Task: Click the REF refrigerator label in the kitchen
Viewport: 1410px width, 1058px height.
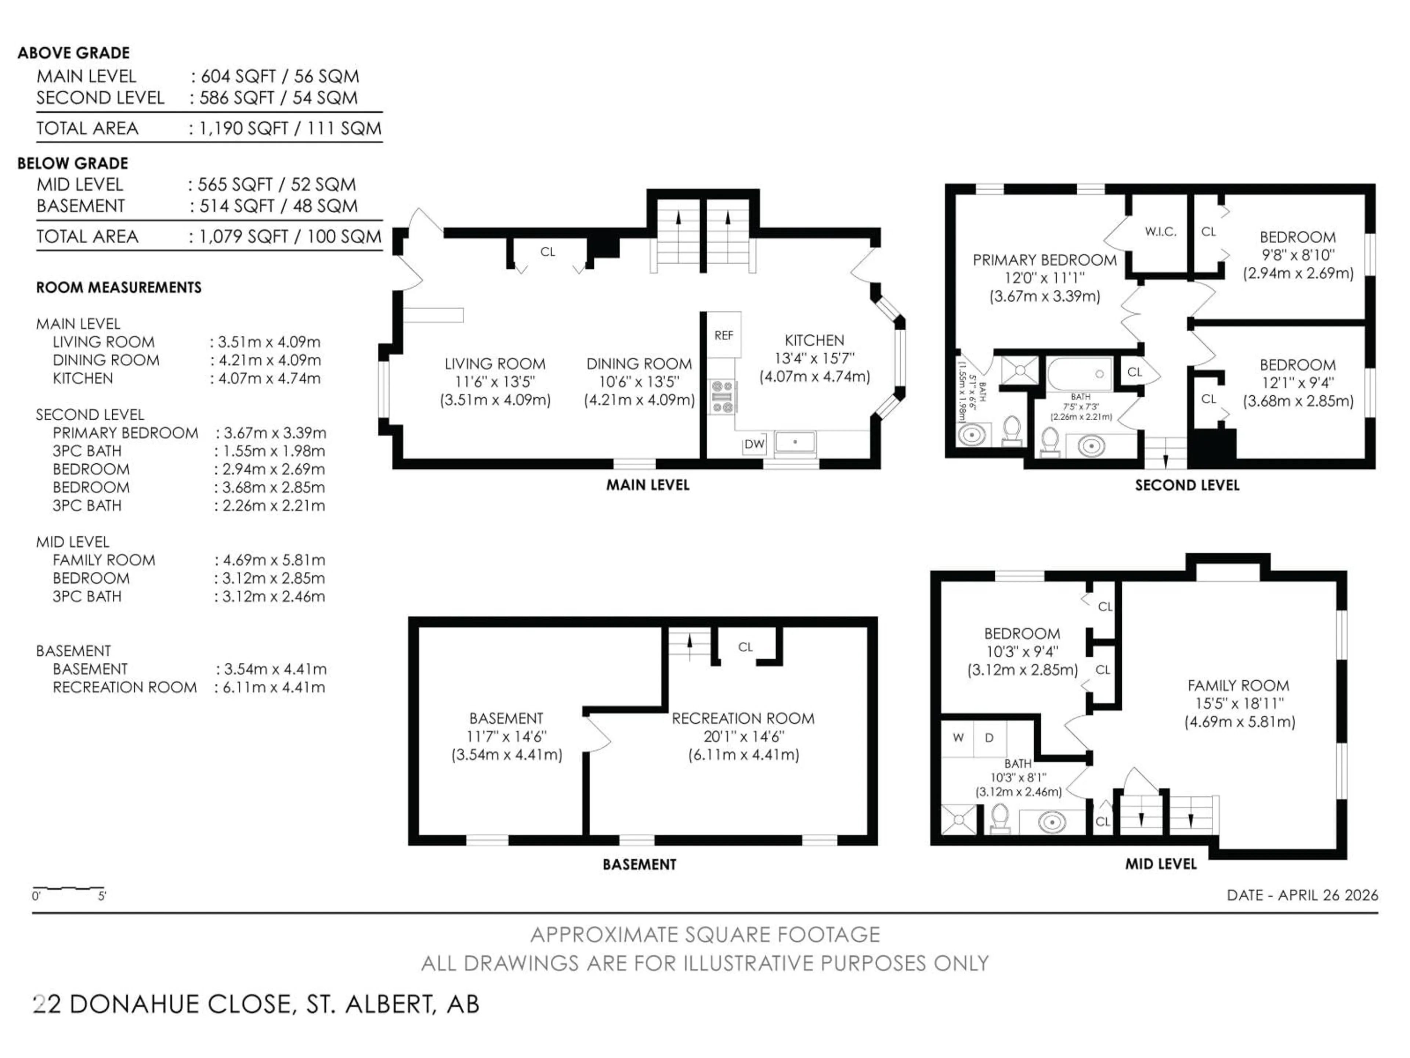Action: [x=723, y=335]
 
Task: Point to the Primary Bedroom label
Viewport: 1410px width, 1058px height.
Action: [x=1044, y=260]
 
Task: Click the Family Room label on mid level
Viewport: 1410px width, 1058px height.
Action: [x=1238, y=685]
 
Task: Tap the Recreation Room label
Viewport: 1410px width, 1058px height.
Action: [x=742, y=718]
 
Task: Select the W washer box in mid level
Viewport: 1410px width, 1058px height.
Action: [x=958, y=738]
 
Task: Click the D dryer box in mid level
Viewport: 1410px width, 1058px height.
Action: [x=989, y=738]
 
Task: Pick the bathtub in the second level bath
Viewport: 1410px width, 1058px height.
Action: [x=1080, y=374]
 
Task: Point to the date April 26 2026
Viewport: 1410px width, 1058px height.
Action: [x=1302, y=895]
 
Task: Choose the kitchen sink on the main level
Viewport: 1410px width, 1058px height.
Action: [x=795, y=442]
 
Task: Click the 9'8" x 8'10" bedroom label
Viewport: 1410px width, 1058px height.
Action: [x=1297, y=255]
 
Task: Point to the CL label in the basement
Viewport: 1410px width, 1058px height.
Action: [x=745, y=647]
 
